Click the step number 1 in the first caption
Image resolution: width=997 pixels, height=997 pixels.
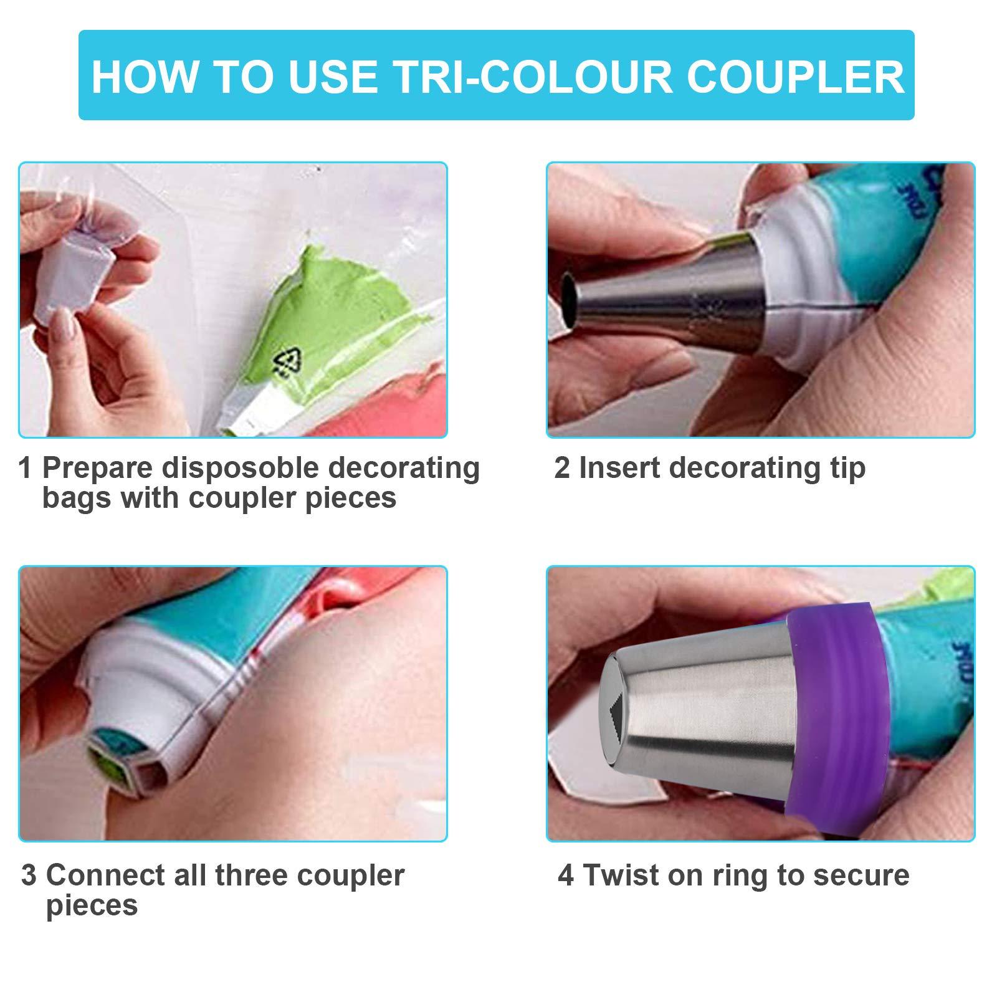(x=25, y=468)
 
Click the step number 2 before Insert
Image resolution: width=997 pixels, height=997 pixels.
(x=562, y=468)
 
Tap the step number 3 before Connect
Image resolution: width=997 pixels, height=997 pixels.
(x=29, y=875)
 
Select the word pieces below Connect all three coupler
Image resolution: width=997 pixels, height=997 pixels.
(x=92, y=907)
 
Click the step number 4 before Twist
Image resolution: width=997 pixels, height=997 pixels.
(x=566, y=875)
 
